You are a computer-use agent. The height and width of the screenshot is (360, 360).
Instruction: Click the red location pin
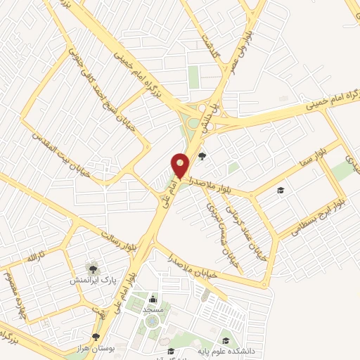(x=181, y=167)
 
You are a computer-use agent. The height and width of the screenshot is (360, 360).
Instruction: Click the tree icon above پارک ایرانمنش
(x=91, y=268)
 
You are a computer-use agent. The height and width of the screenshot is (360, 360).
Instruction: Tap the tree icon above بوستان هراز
(x=96, y=337)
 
